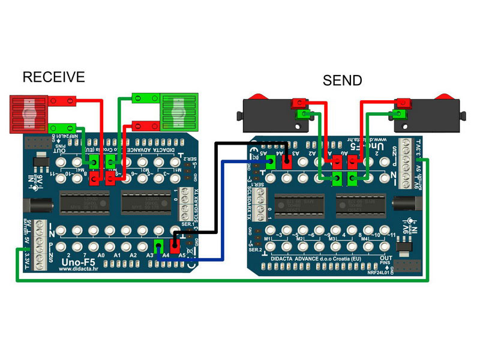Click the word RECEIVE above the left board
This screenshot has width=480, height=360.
pos(53,77)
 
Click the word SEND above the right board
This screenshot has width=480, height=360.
pos(342,80)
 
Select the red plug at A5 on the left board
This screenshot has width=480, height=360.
pos(175,246)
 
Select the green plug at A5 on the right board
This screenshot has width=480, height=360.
pos(269,161)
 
